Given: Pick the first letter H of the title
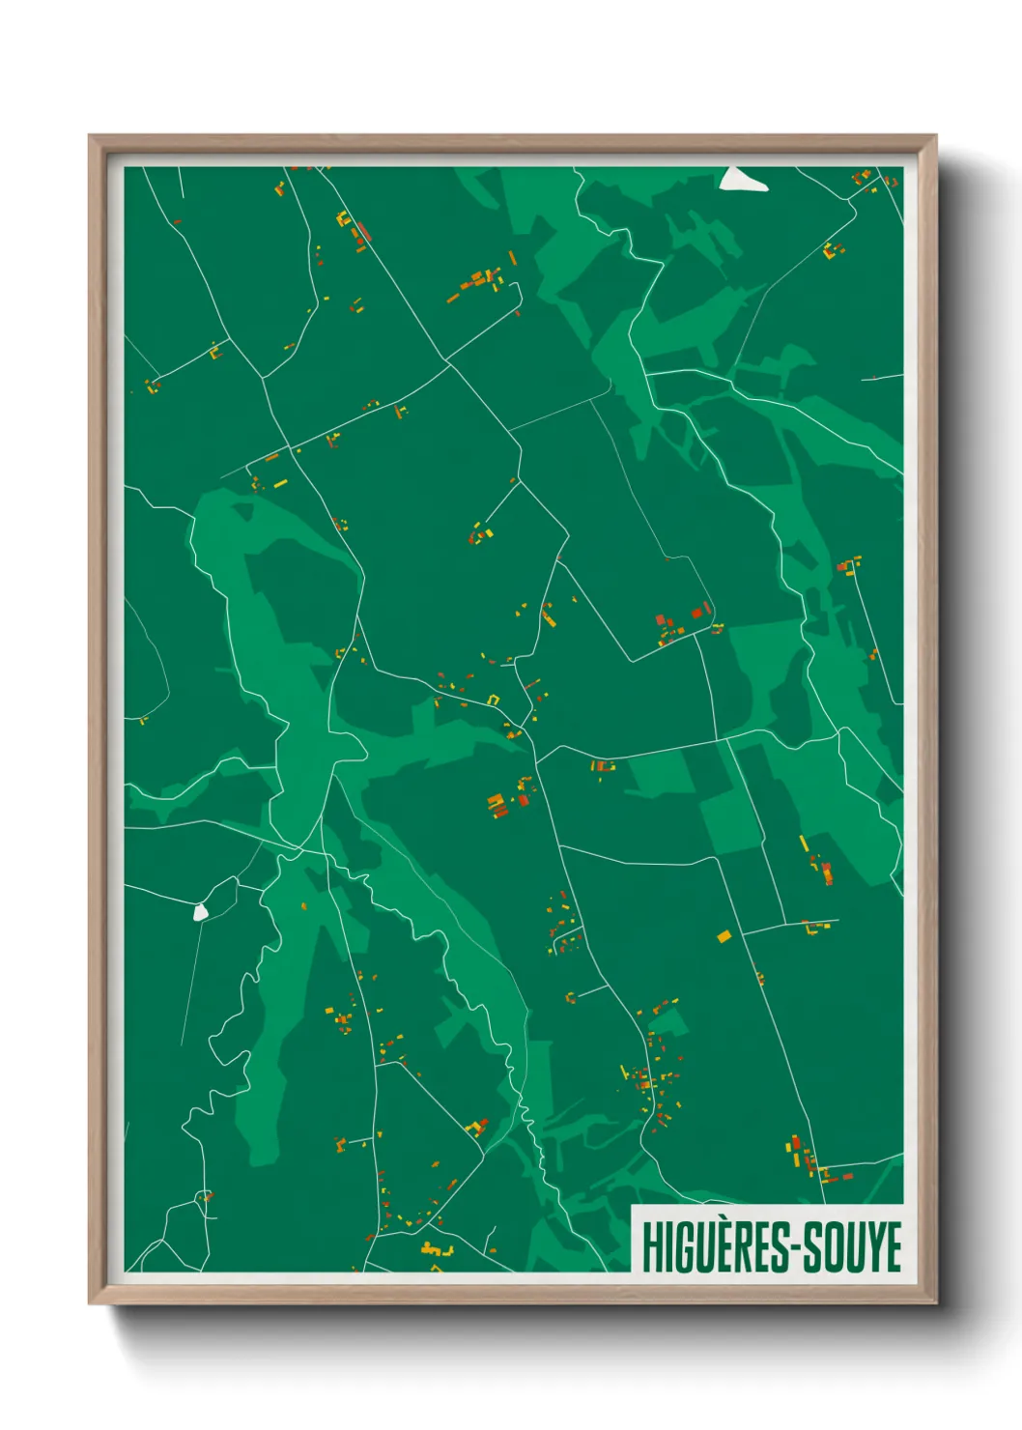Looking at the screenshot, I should [x=651, y=1246].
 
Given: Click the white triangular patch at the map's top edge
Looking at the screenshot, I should [x=742, y=180].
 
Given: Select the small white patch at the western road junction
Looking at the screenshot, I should [x=200, y=911].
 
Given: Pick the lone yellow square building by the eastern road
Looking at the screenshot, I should [x=724, y=935].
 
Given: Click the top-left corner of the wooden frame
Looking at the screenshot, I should [x=90, y=136].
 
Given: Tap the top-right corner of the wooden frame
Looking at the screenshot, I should [x=936, y=136].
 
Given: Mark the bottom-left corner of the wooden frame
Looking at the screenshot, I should [x=90, y=1303].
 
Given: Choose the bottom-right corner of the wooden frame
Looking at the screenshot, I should [x=936, y=1303].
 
